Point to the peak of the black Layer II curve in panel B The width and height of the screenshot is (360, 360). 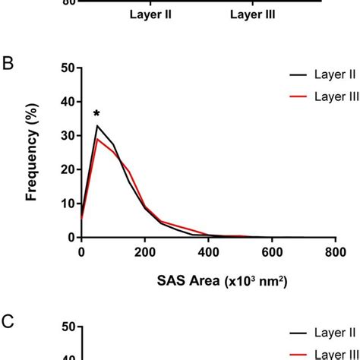[96, 125]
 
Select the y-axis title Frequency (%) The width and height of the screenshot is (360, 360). [32, 152]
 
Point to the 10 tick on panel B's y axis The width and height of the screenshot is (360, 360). [67, 204]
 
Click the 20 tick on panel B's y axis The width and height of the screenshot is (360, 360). [67, 169]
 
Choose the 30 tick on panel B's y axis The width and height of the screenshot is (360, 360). [67, 136]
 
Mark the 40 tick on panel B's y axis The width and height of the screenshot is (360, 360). [67, 102]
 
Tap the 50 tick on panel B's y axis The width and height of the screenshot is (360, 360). [67, 68]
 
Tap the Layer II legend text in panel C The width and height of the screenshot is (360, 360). [334, 332]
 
